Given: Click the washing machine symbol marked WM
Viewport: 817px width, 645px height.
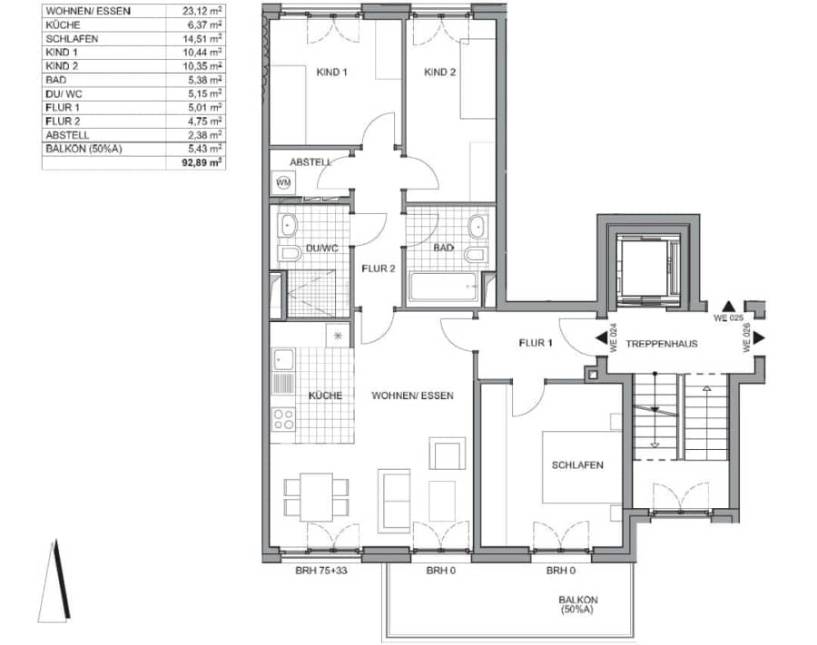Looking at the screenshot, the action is pyautogui.click(x=283, y=182).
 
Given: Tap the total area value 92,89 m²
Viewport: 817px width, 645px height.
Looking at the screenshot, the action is pyautogui.click(x=202, y=162).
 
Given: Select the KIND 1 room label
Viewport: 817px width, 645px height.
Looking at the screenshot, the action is pyautogui.click(x=331, y=73).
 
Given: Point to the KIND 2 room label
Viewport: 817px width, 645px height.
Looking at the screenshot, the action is pyautogui.click(x=439, y=73).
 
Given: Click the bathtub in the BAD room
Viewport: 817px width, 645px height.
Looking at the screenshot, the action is pyautogui.click(x=443, y=287).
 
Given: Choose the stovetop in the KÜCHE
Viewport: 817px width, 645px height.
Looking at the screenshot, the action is pyautogui.click(x=283, y=420).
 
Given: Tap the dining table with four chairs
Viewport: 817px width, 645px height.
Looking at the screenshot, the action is pyautogui.click(x=316, y=496).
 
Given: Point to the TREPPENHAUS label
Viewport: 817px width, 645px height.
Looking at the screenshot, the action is pyautogui.click(x=662, y=344).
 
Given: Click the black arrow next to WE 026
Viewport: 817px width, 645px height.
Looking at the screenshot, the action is pyautogui.click(x=759, y=337).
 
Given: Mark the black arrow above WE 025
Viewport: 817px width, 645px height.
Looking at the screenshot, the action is pyautogui.click(x=728, y=306).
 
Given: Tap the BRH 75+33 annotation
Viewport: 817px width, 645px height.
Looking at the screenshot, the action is pyautogui.click(x=321, y=571).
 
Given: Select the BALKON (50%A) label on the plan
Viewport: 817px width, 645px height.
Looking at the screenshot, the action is pyautogui.click(x=578, y=604).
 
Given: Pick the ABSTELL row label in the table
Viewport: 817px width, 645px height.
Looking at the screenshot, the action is pyautogui.click(x=67, y=135).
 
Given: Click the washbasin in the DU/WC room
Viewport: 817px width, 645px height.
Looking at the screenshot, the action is pyautogui.click(x=287, y=226).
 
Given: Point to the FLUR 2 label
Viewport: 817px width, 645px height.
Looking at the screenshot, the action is pyautogui.click(x=379, y=269).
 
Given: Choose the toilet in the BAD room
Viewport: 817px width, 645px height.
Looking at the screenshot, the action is pyautogui.click(x=476, y=255).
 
